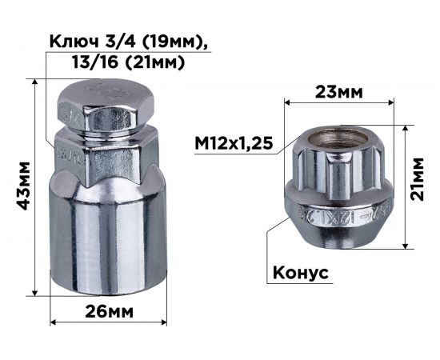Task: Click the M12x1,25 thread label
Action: point(234,143)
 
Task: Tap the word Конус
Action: point(301,272)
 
